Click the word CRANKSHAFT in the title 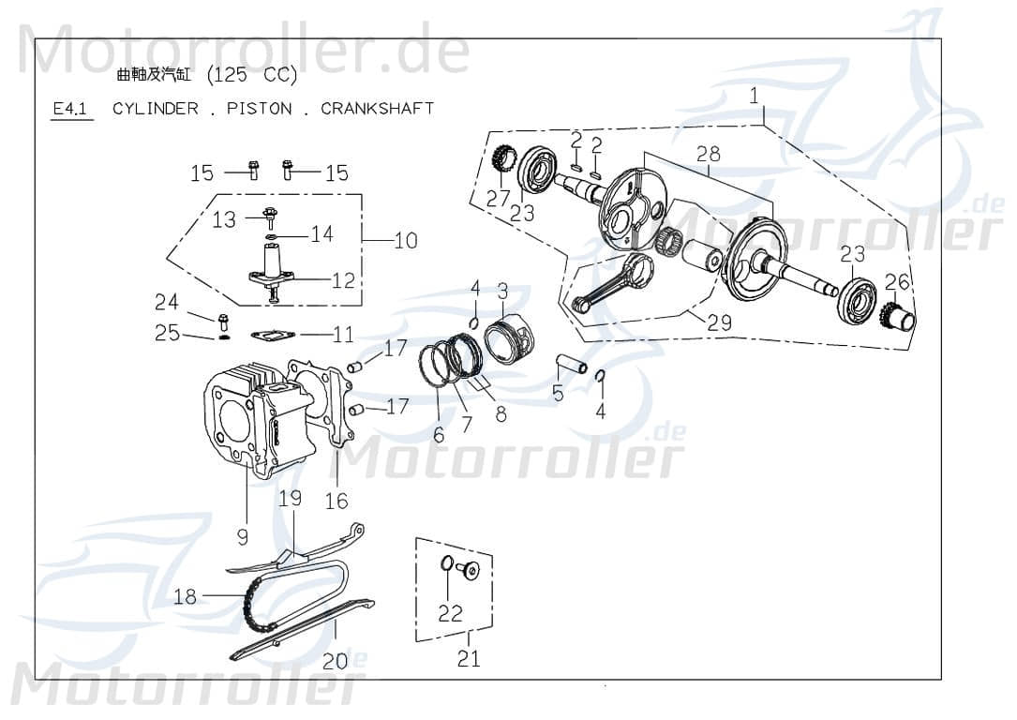[377, 108]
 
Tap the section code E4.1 [70, 109]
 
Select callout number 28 [708, 154]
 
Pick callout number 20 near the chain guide [335, 661]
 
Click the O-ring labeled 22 [447, 564]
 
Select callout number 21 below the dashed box [469, 658]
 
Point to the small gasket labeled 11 [273, 334]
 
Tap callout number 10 [406, 241]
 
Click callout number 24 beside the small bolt [166, 302]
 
